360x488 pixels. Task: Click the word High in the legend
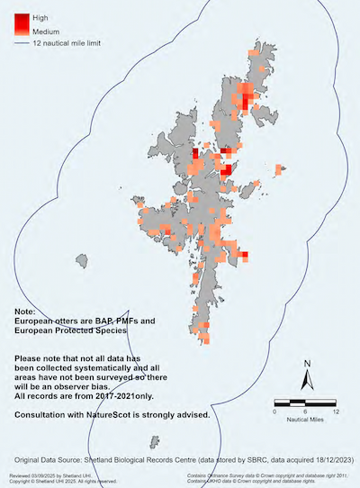pos(40,17)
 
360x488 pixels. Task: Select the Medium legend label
pos(46,32)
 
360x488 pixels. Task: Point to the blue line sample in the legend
pos(21,42)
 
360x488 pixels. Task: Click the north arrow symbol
pos(307,381)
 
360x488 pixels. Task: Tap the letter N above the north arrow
pos(307,364)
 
